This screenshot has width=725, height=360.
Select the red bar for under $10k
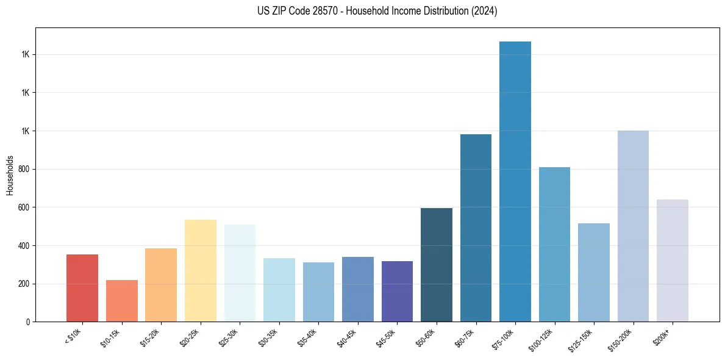pos(82,288)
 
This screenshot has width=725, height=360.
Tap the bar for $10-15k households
pos(121,301)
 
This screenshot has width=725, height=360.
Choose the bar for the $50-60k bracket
pos(437,265)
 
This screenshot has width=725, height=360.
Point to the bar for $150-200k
pos(633,226)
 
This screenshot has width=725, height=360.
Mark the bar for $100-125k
pos(554,244)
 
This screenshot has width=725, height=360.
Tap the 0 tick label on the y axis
pos(29,322)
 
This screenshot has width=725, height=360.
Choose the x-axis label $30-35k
pos(276,337)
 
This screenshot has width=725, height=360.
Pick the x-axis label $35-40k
pos(315,337)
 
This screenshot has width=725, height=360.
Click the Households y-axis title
pos(10,175)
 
